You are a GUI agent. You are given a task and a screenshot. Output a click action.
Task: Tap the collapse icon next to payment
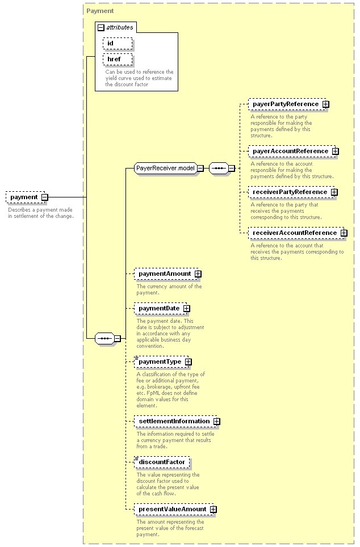[45, 197]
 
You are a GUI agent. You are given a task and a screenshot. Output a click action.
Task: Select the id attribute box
[118, 43]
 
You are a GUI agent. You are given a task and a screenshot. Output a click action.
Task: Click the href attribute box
[118, 59]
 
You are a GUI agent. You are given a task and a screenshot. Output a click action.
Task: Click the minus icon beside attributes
[101, 28]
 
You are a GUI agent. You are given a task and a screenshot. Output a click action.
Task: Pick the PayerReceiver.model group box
[165, 168]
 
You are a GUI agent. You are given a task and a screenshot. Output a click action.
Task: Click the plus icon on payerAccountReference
[335, 152]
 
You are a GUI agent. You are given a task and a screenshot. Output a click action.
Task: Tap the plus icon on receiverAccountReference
[344, 233]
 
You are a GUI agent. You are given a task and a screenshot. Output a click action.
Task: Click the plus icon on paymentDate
[187, 309]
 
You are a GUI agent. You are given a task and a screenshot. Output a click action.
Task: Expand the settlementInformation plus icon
[216, 422]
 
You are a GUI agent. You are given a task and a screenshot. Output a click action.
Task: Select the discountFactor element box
[162, 462]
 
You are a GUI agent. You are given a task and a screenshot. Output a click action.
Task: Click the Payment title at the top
[100, 11]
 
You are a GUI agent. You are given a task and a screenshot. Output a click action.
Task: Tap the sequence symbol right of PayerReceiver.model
[219, 169]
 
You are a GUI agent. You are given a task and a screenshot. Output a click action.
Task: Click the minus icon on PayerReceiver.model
[200, 169]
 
